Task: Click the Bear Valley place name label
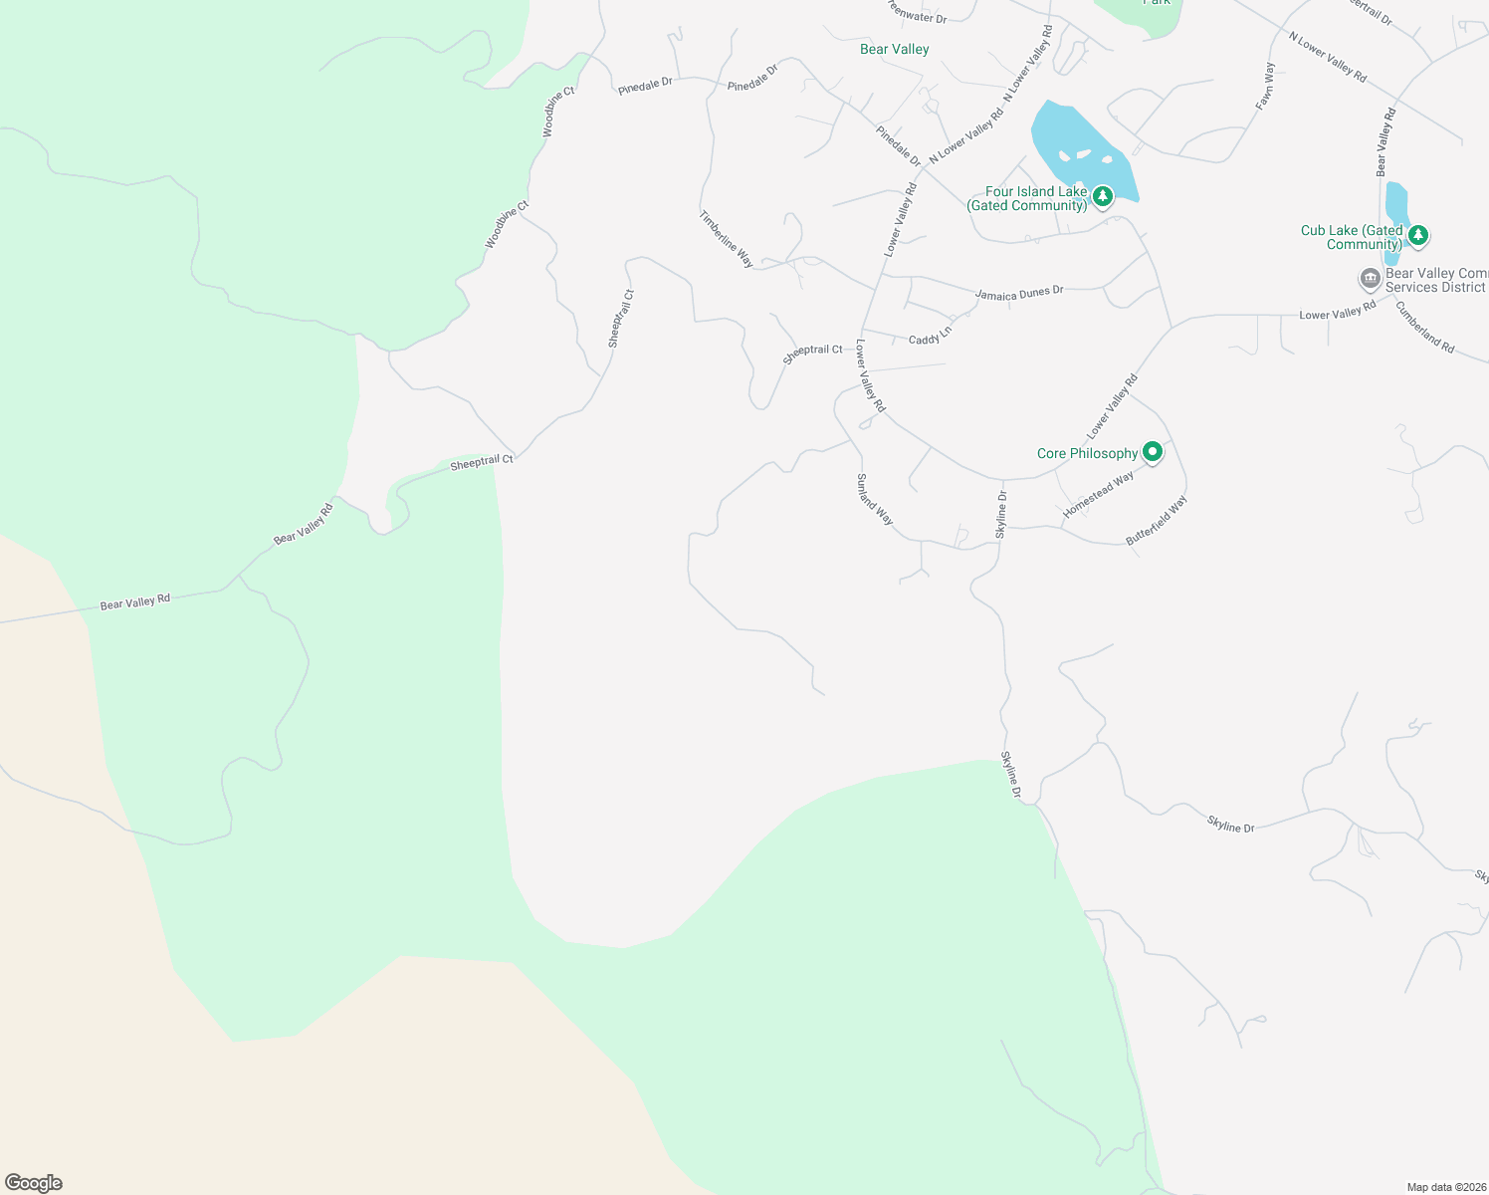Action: click(x=894, y=49)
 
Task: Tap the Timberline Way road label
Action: click(x=726, y=239)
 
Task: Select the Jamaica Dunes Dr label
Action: click(x=1019, y=293)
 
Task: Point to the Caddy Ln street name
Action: click(x=930, y=336)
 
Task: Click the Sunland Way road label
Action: click(x=875, y=500)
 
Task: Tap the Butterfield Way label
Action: click(x=1157, y=521)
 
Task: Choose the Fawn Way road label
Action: click(x=1265, y=87)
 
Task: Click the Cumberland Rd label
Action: click(x=1425, y=328)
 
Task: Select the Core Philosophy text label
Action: click(x=1087, y=453)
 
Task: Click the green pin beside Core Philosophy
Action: click(x=1153, y=452)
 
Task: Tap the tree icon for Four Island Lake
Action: click(x=1102, y=196)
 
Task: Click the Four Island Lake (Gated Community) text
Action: click(x=1027, y=198)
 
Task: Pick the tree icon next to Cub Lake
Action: click(x=1418, y=236)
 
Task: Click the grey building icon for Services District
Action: click(x=1370, y=278)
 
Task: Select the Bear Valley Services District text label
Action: click(x=1435, y=280)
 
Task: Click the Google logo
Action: click(x=33, y=1183)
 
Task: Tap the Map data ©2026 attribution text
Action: click(x=1444, y=1187)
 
